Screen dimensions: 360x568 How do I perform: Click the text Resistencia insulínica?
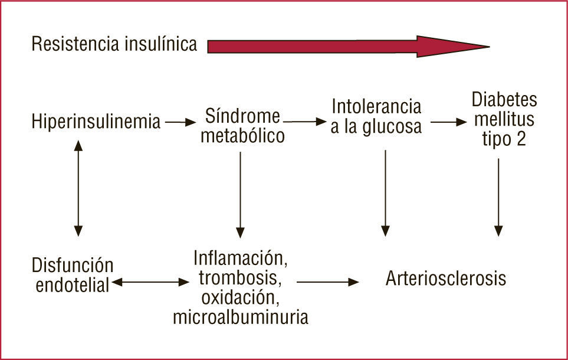(114, 44)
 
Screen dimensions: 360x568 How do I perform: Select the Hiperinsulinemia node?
(96, 123)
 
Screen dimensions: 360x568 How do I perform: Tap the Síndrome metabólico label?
(242, 125)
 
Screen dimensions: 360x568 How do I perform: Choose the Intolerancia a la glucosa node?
(376, 117)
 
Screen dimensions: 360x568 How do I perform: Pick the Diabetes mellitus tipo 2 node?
(503, 120)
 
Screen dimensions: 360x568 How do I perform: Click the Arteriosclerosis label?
(446, 278)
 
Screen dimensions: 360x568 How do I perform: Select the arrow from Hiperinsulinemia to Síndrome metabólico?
(180, 123)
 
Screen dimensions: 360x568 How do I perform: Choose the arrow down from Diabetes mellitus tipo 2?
(499, 197)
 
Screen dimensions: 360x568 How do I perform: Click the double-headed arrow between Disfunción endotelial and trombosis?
(150, 283)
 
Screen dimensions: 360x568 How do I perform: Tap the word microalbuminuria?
(241, 317)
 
